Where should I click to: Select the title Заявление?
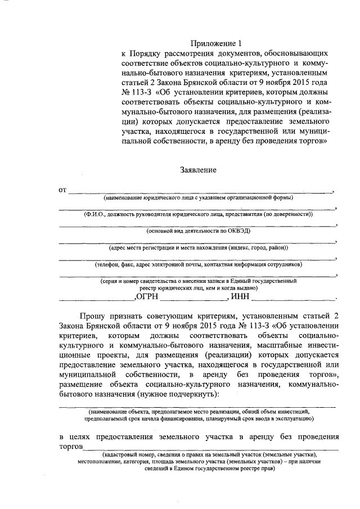pos(198,169)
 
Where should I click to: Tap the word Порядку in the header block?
pos(147,53)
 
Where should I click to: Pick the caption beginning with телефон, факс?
pos(198,264)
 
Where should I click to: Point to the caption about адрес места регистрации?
pos(198,247)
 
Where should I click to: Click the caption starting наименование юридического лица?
pos(198,198)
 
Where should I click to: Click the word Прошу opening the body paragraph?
pos(93,317)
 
